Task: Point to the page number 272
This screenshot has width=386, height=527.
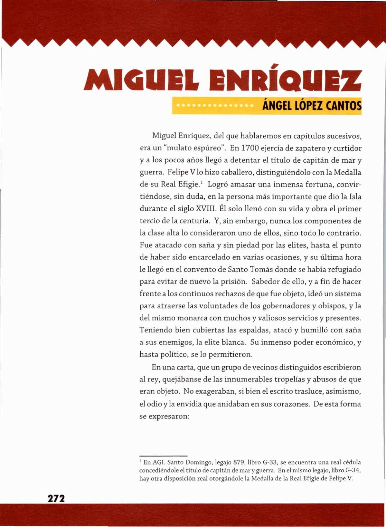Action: (56, 499)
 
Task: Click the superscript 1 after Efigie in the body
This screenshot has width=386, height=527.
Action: (201, 183)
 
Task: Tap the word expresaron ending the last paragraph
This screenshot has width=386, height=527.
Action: (170, 416)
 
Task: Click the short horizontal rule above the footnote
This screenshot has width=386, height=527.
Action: (163, 456)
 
